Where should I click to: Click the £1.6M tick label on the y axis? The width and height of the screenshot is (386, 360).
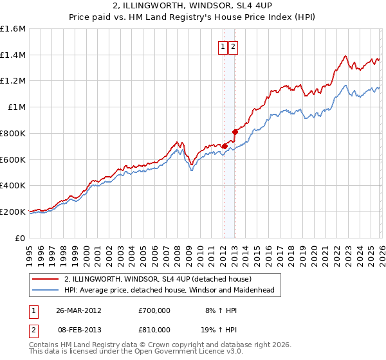[12, 29]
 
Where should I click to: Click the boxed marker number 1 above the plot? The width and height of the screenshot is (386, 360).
[223, 46]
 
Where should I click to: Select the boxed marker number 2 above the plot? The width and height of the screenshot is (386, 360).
[232, 46]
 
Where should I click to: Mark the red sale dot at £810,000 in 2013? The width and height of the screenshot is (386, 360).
[235, 132]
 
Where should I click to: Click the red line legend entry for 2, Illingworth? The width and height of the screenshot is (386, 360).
[161, 279]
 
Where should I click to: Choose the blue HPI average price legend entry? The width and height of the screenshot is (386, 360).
[169, 290]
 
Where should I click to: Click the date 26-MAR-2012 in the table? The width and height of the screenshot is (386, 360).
[78, 310]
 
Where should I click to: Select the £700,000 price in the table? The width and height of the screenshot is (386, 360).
[154, 310]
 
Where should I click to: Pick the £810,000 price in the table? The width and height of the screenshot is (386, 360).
[154, 330]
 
